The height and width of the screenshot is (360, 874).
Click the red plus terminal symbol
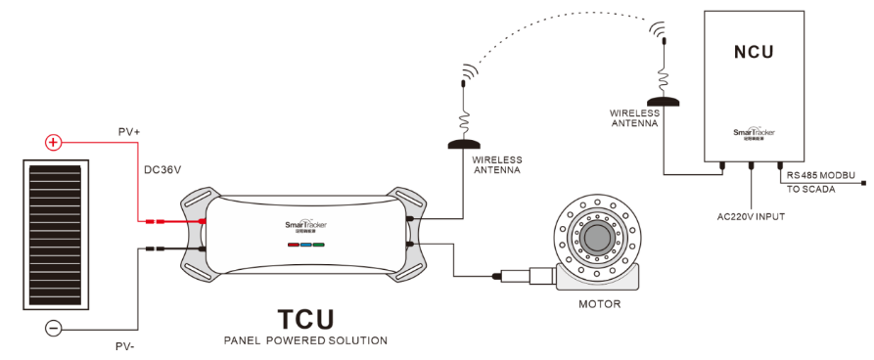53,143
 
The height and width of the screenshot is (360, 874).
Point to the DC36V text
162,169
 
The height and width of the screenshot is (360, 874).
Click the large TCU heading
304,319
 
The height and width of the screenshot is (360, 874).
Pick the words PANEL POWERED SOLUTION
304,341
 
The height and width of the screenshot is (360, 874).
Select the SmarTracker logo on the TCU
305,223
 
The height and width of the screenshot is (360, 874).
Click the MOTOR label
599,304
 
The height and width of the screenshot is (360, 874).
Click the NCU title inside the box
754,51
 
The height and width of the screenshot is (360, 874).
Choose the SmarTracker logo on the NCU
754,131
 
